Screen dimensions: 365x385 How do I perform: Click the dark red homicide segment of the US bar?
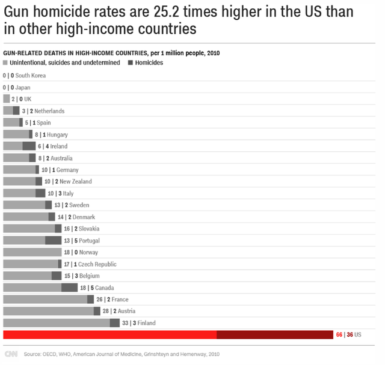tap(274, 334)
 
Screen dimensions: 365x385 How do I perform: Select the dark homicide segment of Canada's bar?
tap(70, 288)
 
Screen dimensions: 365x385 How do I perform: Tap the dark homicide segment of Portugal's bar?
tap(54, 240)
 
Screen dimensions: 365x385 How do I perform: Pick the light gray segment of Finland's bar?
tap(57, 323)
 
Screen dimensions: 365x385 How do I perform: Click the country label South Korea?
tap(31, 76)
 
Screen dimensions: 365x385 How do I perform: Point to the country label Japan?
tap(23, 88)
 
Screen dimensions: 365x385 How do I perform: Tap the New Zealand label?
tap(76, 181)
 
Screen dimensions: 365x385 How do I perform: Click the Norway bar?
tap(32, 252)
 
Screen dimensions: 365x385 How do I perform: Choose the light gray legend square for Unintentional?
tap(5, 62)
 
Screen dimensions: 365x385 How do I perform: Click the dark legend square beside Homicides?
tap(131, 62)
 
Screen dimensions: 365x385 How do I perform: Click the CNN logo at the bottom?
tap(11, 354)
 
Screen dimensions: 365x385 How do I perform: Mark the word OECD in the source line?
tap(49, 354)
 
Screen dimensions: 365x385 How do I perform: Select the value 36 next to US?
tap(348, 334)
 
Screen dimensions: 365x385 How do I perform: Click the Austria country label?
tap(127, 311)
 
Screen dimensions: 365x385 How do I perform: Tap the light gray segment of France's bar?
tap(45, 299)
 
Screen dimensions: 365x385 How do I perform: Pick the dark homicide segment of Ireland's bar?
tap(29, 146)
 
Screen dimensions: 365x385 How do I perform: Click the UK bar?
tap(7, 99)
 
